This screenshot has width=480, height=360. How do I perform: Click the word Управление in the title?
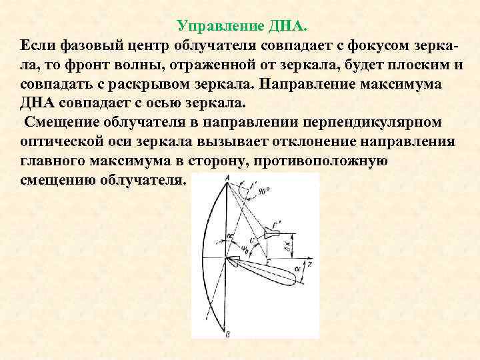tap(219, 27)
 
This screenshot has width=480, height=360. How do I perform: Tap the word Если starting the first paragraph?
tap(37, 45)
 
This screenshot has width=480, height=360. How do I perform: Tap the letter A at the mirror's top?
tap(227, 177)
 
